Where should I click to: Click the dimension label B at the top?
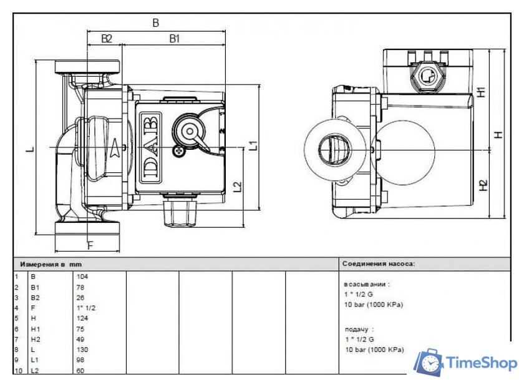pos(156,23)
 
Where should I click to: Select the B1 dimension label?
pos(175,39)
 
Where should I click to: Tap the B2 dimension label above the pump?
pos(107,39)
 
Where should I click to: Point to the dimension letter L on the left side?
pos(30,149)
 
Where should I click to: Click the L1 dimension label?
pos(253,146)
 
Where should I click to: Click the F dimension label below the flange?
pos(90,245)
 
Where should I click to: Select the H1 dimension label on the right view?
pos(481,91)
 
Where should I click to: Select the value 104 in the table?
pos(82,275)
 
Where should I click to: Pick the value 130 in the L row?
pos(82,350)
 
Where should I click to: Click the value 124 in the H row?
pos(82,318)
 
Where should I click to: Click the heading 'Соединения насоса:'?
pos(378,264)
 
